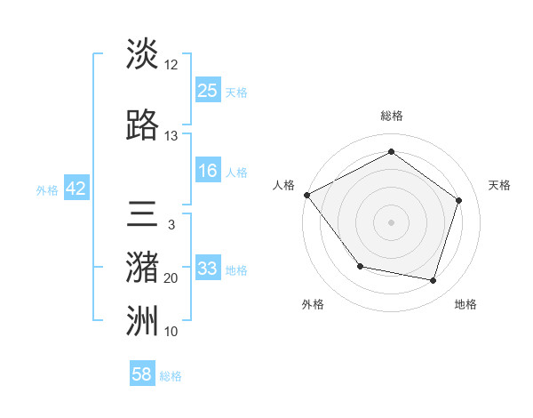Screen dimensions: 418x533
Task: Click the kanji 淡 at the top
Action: tap(142, 53)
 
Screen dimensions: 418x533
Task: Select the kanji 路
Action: tap(142, 125)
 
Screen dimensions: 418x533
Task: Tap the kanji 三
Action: tap(142, 215)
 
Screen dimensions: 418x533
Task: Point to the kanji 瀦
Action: tap(142, 269)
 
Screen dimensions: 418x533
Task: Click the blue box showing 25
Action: tap(208, 91)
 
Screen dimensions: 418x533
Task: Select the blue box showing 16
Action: tap(208, 172)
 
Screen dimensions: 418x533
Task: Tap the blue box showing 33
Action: tap(208, 269)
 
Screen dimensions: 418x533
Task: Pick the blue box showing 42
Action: tap(76, 189)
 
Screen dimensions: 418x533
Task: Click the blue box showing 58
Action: tap(142, 374)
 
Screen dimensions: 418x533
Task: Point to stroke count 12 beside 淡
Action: tap(171, 65)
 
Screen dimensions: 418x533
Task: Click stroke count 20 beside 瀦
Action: tap(171, 278)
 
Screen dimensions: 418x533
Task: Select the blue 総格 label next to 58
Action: tap(171, 376)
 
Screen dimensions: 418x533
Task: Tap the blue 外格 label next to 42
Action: tap(47, 189)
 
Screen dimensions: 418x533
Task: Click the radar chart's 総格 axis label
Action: tap(391, 116)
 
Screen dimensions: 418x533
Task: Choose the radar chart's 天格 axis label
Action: tap(500, 185)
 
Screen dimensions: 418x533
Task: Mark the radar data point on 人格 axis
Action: tap(306, 195)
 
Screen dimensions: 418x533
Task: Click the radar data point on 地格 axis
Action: tap(433, 280)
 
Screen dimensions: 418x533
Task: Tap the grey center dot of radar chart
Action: tap(391, 221)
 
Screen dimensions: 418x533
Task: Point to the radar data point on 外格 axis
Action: tap(360, 266)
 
